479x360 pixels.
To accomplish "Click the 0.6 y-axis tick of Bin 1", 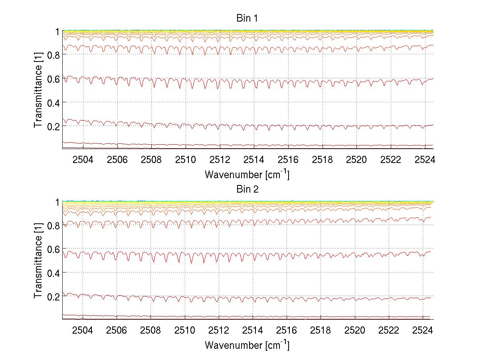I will pos(53,79).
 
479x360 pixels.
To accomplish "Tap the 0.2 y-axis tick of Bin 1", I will pos(53,125).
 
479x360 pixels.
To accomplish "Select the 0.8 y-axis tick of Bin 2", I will pos(53,226).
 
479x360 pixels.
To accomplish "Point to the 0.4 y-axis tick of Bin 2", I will pos(53,273).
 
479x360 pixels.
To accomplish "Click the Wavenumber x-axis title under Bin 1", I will pos(247,175).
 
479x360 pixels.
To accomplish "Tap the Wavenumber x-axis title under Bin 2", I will pos(247,345).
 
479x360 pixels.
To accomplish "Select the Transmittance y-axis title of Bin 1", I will pos(38,90).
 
